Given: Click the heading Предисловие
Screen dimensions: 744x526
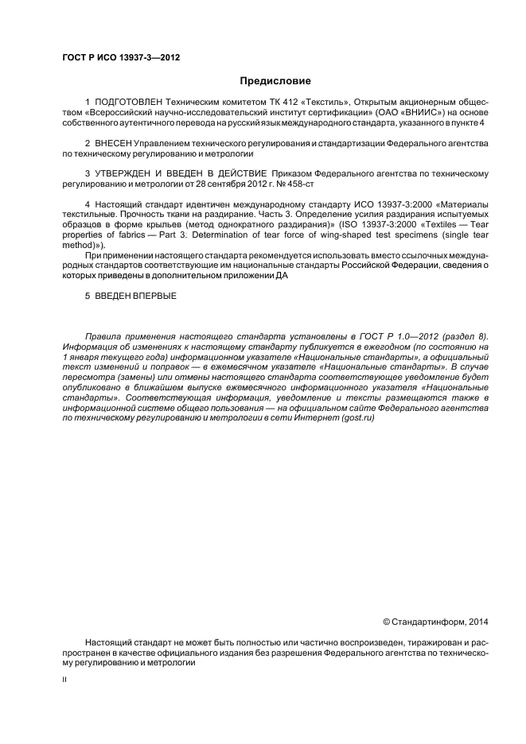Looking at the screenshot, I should (x=275, y=81).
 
